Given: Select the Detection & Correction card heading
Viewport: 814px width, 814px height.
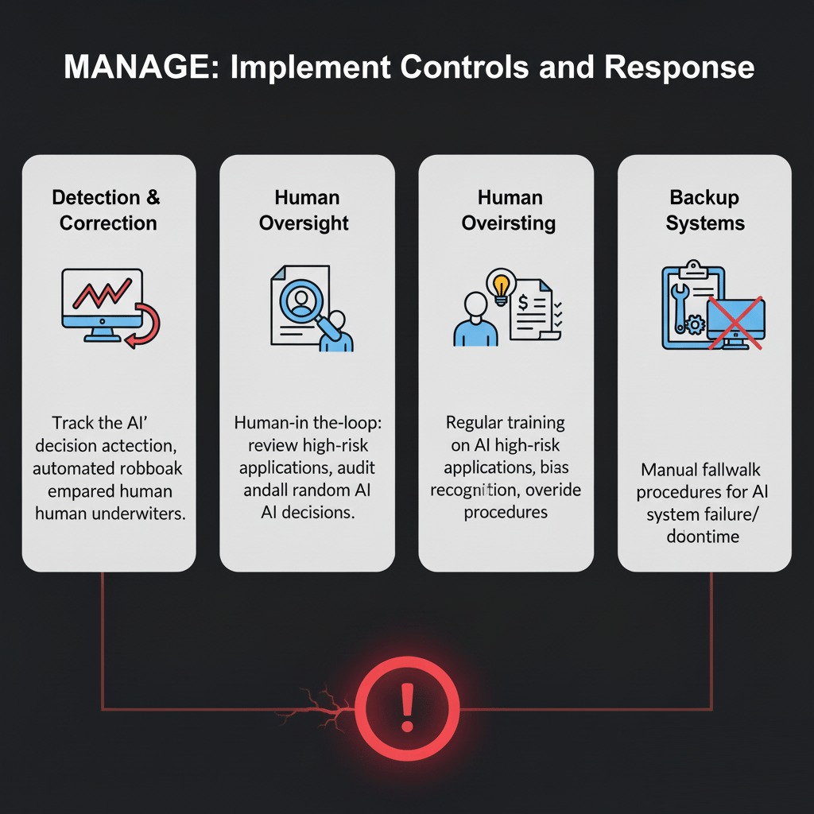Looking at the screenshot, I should [108, 209].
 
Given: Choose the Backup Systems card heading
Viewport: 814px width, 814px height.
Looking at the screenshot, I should [704, 209].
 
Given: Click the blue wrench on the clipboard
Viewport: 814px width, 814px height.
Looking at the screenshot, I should [682, 303].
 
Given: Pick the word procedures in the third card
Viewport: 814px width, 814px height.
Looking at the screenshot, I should [506, 511].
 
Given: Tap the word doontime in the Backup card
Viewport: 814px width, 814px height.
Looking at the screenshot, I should [704, 537].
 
